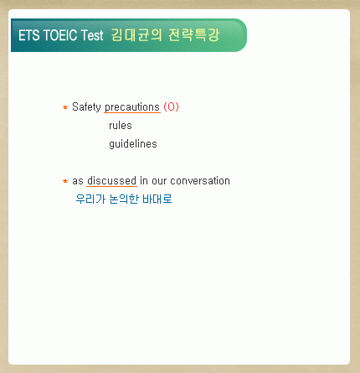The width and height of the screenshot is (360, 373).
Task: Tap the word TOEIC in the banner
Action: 60,35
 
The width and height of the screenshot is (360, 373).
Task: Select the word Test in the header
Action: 92,35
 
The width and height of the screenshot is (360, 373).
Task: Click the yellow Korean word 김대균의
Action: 136,35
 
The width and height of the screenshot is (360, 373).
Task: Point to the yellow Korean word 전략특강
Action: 194,35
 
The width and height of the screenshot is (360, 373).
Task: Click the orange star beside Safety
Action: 65,107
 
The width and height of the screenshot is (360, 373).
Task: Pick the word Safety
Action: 86,106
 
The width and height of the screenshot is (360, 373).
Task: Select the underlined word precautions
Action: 132,107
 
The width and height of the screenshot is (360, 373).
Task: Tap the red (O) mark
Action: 171,106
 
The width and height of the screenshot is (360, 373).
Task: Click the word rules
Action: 121,126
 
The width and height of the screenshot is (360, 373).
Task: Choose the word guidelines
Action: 133,144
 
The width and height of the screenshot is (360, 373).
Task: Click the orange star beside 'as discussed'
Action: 65,181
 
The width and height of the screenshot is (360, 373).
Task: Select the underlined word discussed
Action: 111,181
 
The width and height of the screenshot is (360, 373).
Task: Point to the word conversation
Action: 200,181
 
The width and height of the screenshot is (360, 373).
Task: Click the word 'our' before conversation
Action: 159,181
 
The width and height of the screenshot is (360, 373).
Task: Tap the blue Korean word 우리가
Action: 90,199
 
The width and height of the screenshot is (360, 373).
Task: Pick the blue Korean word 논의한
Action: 124,199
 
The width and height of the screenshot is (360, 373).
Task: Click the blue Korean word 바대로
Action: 157,199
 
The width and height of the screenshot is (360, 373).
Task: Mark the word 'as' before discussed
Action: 78,181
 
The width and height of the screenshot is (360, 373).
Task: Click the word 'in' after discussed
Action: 144,181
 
